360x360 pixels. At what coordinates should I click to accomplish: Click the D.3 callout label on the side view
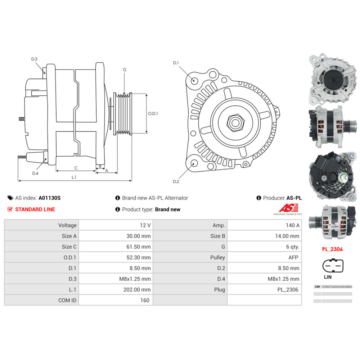point(34,59)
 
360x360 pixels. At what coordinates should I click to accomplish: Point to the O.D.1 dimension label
point(153,113)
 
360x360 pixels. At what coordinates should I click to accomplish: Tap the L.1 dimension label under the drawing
point(74,177)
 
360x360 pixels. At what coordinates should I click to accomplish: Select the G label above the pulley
point(125,69)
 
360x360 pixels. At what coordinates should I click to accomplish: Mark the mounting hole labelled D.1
point(194,80)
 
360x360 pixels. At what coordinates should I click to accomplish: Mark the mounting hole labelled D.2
point(194,164)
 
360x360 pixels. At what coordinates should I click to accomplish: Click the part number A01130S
point(50,198)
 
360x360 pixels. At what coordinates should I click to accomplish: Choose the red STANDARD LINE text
point(35,210)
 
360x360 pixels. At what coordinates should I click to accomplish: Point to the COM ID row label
point(67,300)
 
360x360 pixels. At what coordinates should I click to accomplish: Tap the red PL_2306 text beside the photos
point(332,249)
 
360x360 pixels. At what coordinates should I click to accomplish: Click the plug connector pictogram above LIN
point(333,266)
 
